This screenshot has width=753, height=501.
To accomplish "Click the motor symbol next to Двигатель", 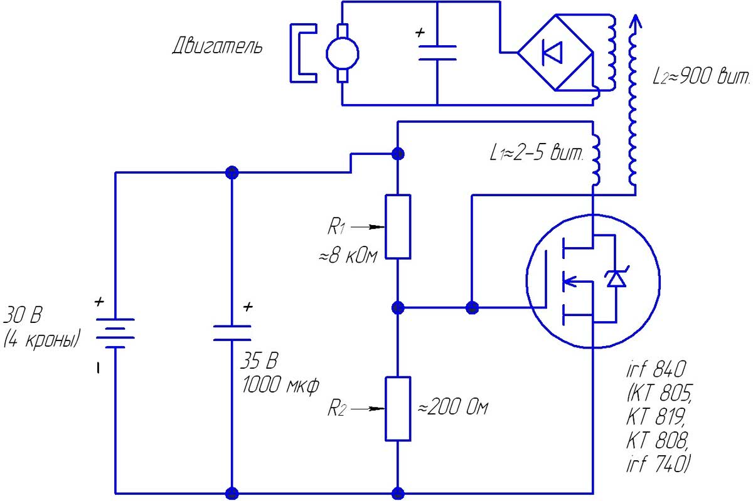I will (342, 53).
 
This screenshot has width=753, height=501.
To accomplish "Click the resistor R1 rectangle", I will (398, 226).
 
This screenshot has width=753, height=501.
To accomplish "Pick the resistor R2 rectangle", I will (398, 408).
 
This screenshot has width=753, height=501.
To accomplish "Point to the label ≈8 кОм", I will (347, 256).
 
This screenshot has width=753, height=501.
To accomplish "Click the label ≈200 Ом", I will (452, 408).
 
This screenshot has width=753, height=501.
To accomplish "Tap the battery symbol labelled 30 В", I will (115, 332).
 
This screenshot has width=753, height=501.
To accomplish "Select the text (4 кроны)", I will (42, 340).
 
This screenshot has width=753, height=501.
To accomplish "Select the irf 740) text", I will (658, 465).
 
